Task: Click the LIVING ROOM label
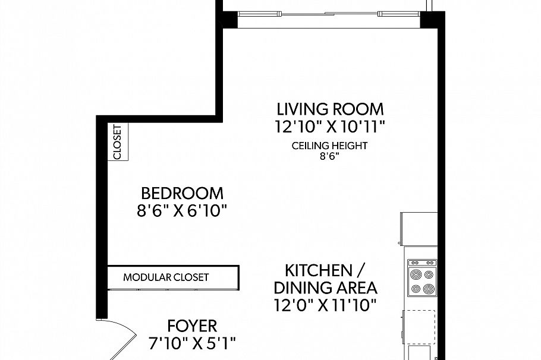[x=330, y=109]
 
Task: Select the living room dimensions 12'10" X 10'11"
[x=330, y=126]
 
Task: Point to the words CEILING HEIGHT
[x=329, y=146]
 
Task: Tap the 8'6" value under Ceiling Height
[x=329, y=157]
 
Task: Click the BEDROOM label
[x=182, y=193]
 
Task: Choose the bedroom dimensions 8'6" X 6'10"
[x=182, y=210]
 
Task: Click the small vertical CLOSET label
[x=117, y=142]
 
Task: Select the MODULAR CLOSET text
[x=166, y=277]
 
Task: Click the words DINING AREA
[x=325, y=288]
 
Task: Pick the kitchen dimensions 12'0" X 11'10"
[x=325, y=305]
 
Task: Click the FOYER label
[x=192, y=326]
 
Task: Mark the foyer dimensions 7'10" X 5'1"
[x=192, y=343]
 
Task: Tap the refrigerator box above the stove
[x=419, y=228]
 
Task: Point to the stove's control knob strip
[x=422, y=263]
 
